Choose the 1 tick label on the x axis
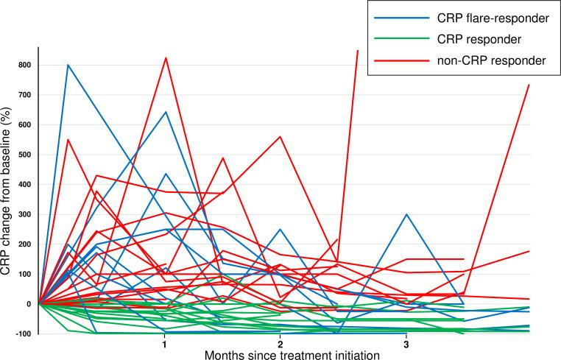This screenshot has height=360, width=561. pos(164,344)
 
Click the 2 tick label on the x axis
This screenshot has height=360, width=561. pos(280,344)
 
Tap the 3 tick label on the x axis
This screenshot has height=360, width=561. pos(406,344)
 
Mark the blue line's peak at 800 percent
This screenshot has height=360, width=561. pos(68,65)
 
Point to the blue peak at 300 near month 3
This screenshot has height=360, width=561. pos(406,214)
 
